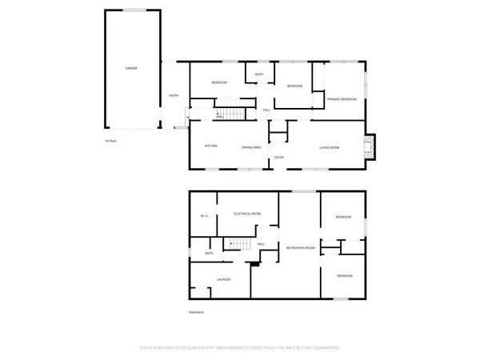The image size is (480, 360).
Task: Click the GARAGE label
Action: tap(131, 68)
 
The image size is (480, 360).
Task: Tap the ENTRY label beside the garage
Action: tap(174, 97)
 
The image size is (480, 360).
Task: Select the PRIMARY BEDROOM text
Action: tap(342, 99)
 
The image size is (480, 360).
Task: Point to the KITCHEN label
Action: tap(211, 146)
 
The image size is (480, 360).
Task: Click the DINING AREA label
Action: tap(252, 146)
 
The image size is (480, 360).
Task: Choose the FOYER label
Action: tap(279, 158)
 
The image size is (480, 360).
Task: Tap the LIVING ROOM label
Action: tap(330, 146)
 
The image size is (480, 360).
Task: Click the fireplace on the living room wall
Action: tap(370, 146)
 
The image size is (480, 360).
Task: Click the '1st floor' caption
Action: tap(111, 141)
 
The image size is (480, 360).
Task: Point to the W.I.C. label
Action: tap(204, 216)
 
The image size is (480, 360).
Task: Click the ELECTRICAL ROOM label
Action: tap(247, 214)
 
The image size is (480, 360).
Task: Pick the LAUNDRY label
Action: tap(224, 279)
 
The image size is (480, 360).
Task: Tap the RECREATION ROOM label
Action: tap(301, 249)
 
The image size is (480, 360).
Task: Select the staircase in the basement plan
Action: tap(237, 243)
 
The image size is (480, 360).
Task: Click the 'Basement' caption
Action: tap(196, 312)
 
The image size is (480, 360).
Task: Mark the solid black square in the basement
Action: tap(254, 265)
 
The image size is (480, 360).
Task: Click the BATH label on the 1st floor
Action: tap(259, 74)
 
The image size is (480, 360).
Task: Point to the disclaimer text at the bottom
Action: tap(240, 348)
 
